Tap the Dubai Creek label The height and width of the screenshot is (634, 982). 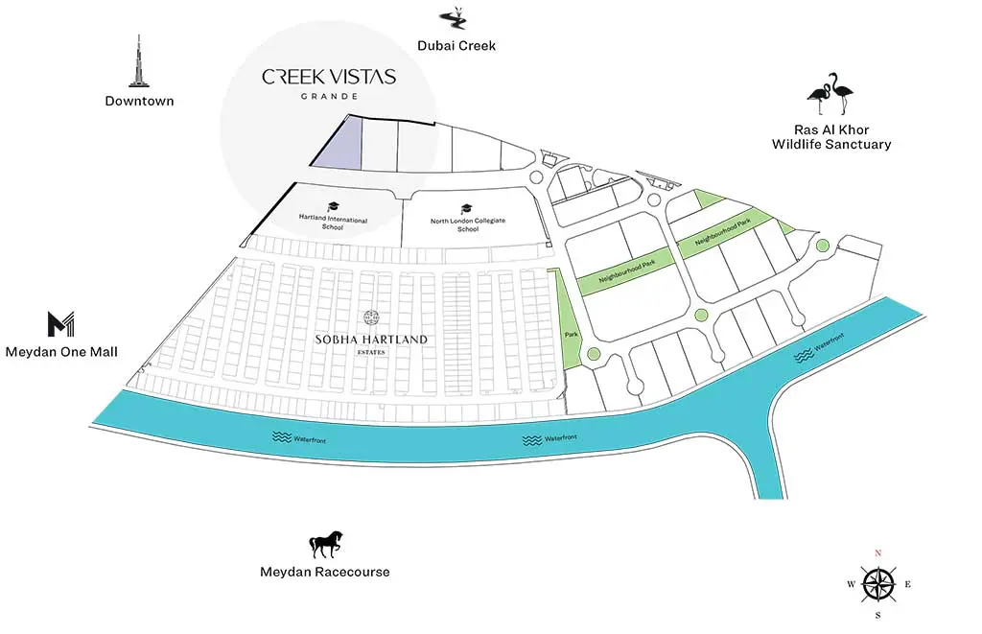(456, 46)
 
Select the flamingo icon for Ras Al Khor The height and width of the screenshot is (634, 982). (830, 93)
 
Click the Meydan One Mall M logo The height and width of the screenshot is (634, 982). (60, 324)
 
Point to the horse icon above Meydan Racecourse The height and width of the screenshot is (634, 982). (326, 545)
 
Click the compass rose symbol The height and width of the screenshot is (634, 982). (878, 584)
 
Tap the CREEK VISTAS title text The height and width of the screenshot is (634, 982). (329, 77)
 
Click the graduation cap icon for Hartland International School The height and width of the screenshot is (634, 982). (333, 207)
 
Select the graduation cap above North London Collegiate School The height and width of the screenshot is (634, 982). (466, 209)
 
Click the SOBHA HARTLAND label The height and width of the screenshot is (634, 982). (371, 340)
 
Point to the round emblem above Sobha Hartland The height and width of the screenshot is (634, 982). (371, 317)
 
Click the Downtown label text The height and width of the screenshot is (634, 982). (139, 101)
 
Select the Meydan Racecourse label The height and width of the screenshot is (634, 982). (325, 572)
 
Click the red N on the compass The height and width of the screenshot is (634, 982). (878, 553)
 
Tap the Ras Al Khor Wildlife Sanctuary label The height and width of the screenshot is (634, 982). (831, 137)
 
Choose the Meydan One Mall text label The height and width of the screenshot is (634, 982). (61, 352)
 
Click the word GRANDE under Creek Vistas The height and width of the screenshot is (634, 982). (330, 97)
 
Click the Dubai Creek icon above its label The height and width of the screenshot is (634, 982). (453, 18)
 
